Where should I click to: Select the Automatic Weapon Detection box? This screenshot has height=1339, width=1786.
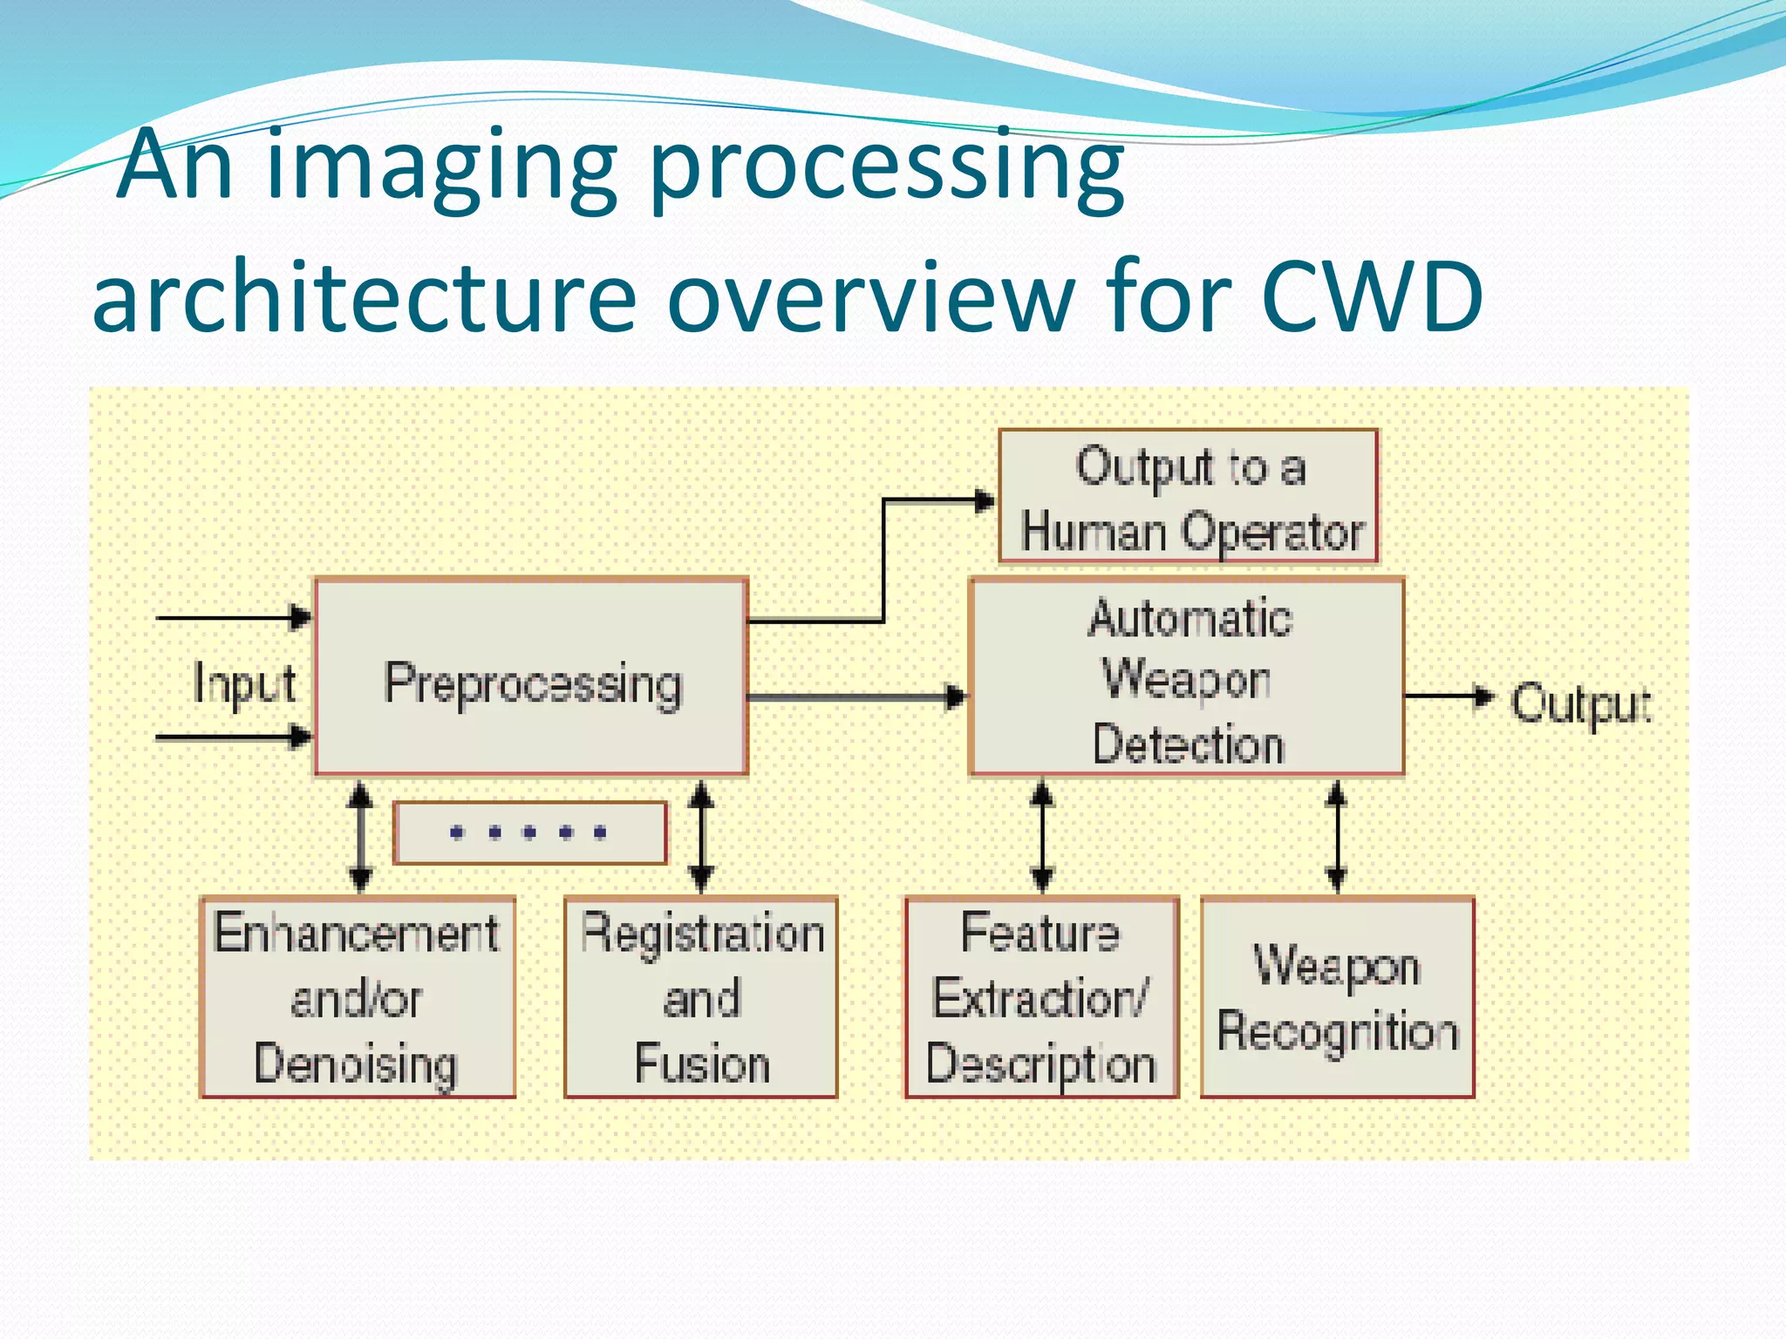point(1186,676)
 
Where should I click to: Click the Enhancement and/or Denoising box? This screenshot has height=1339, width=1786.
point(357,997)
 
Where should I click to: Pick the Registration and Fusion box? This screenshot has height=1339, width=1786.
point(700,997)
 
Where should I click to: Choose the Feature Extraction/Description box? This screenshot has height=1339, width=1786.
point(1041,997)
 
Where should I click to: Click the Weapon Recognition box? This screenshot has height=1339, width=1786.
point(1337,997)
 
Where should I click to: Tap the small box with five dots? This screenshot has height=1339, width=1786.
point(529,833)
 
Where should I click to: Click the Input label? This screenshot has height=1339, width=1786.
point(243,683)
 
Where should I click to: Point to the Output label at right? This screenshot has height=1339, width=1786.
point(1579,704)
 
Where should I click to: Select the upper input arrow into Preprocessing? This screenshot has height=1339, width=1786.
point(233,617)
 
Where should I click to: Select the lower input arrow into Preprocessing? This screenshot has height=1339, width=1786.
point(233,737)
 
